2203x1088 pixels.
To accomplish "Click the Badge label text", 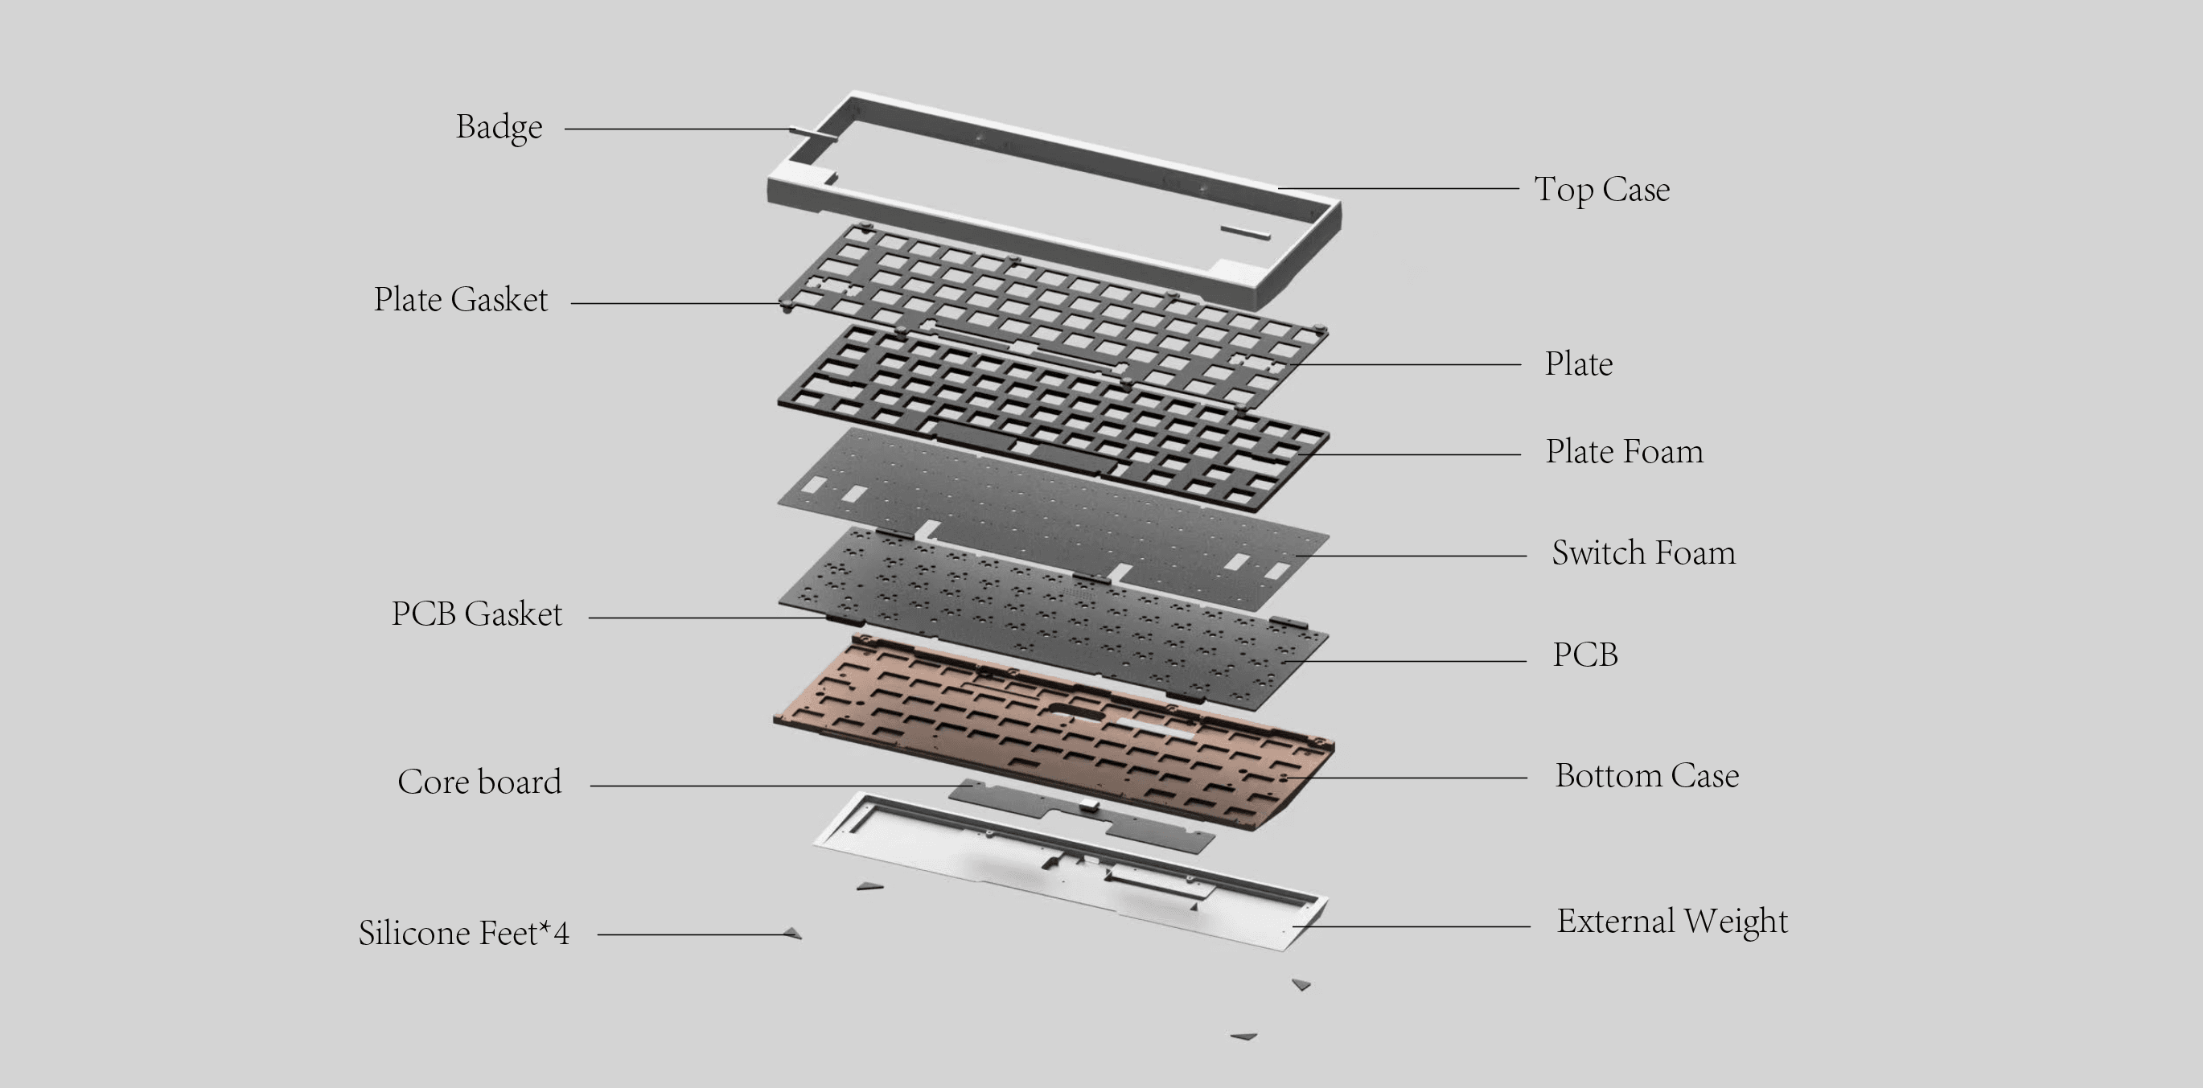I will pos(499,127).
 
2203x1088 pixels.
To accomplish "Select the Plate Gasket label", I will pos(460,299).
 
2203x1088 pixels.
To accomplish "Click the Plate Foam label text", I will pos(1623,452).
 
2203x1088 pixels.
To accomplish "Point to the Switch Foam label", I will pos(1643,552).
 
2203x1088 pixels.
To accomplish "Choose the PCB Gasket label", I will pos(476,614).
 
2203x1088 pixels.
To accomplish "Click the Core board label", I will pos(479,782).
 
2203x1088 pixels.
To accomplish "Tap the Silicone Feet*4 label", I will pos(463,933).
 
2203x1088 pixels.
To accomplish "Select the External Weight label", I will pos(1671,922).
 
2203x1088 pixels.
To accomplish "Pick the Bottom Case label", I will pos(1646,776).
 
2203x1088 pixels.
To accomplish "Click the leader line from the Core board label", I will pos(770,785).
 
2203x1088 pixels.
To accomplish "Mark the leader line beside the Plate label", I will pos(1403,364).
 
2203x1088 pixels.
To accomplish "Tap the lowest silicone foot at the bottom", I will pos(1243,1036).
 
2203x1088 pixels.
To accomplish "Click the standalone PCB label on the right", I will pos(1584,655).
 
